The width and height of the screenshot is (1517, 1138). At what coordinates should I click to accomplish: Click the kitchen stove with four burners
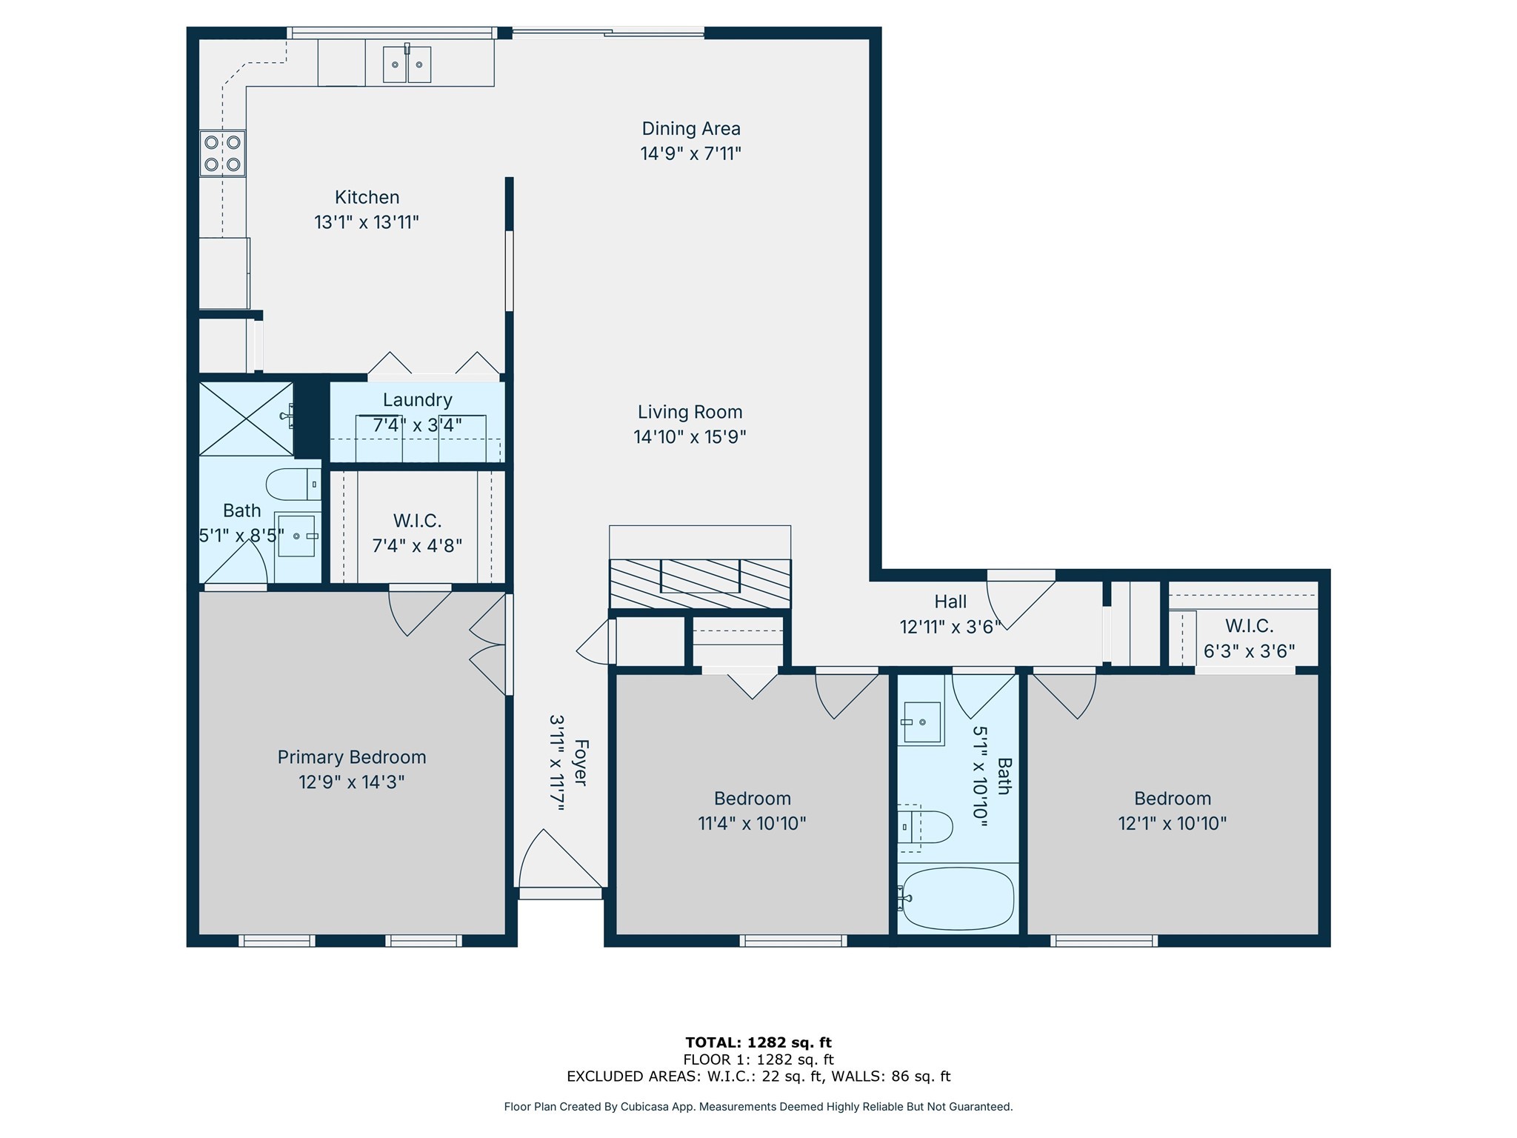[x=222, y=153]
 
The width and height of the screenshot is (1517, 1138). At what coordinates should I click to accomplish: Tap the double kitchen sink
[x=407, y=64]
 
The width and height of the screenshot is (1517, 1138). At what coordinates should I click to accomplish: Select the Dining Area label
[x=690, y=129]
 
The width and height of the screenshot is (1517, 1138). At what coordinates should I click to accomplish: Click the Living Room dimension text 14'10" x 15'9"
[x=689, y=437]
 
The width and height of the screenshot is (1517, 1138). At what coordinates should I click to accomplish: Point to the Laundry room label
[x=417, y=400]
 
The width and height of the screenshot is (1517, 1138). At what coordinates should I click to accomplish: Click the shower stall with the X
[x=246, y=418]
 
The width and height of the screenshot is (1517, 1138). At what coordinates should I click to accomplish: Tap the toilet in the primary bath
[x=293, y=485]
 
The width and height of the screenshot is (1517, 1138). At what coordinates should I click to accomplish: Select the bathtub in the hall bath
[x=958, y=899]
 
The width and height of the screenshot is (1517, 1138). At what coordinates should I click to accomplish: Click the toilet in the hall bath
[x=926, y=827]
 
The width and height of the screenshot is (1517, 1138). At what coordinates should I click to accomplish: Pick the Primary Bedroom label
[x=351, y=757]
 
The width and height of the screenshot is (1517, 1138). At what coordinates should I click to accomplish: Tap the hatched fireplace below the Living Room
[x=699, y=584]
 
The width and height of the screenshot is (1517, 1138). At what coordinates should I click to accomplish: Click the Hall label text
[x=950, y=602]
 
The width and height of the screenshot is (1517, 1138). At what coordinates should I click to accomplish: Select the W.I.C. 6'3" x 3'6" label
[x=1249, y=639]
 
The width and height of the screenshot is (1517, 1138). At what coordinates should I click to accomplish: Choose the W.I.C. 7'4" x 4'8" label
[x=417, y=533]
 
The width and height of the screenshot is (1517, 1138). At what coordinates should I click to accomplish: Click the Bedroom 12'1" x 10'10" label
[x=1172, y=811]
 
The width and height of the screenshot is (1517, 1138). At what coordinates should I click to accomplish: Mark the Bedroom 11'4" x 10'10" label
[x=752, y=811]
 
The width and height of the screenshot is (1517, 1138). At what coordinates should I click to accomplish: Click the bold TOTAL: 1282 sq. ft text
[x=758, y=1042]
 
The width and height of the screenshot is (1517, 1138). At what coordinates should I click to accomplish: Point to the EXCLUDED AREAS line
[x=758, y=1077]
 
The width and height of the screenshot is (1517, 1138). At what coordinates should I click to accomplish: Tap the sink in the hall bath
[x=921, y=722]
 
